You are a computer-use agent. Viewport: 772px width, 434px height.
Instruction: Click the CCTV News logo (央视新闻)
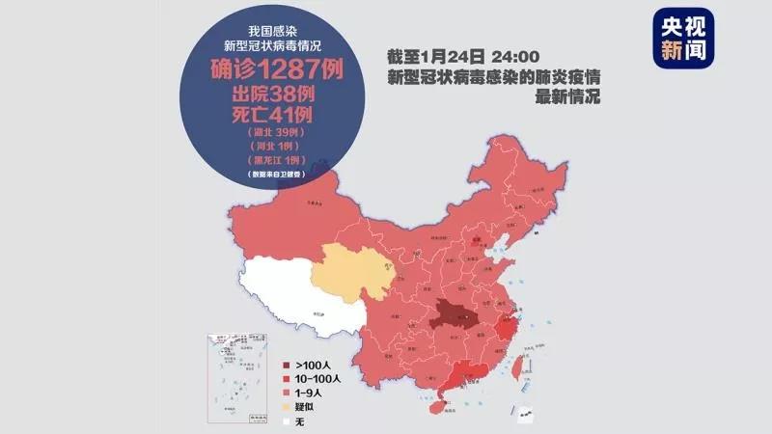pos(682,39)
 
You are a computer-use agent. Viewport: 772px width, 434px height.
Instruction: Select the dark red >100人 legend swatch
pos(286,366)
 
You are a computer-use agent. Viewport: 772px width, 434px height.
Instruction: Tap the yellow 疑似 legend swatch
pos(286,407)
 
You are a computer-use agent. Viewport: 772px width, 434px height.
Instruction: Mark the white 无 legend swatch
pos(286,420)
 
